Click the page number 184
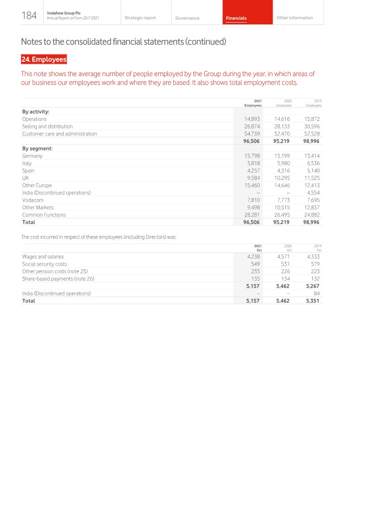tap(29, 15)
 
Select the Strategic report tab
tap(140, 18)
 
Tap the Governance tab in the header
tap(187, 18)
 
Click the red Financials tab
tap(236, 18)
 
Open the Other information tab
tap(294, 18)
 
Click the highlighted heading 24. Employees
tap(44, 59)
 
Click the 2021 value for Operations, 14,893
tap(252, 119)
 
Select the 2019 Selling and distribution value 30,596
tap(312, 127)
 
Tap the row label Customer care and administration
tap(59, 134)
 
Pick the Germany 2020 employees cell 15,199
tap(282, 156)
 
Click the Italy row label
tap(27, 163)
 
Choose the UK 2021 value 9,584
tap(253, 178)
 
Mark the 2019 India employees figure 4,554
tap(313, 193)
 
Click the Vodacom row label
tap(33, 200)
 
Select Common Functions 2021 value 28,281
tap(252, 215)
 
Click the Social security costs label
tap(44, 264)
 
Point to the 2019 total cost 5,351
tap(312, 301)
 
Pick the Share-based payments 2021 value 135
tap(255, 279)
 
